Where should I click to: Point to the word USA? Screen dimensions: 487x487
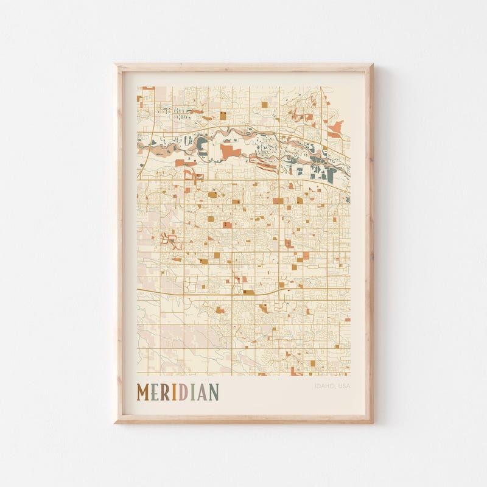(x=344, y=386)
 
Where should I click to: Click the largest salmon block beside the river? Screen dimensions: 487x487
(x=229, y=150)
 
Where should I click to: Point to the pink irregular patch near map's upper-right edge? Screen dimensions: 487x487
(x=335, y=128)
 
